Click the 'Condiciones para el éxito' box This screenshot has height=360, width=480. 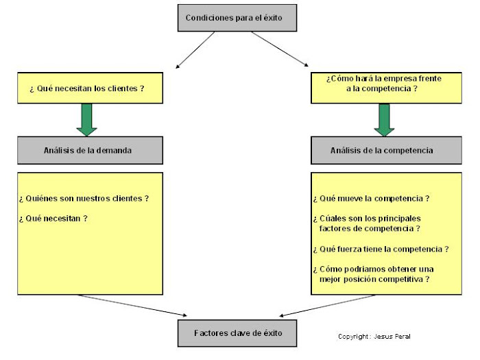[x=237, y=18]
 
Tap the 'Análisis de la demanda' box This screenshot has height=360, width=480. [x=90, y=150]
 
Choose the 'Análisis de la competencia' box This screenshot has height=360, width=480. [x=385, y=150]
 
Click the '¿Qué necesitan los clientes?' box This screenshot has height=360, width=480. [x=90, y=88]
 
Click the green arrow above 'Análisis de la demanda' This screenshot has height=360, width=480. [x=87, y=119]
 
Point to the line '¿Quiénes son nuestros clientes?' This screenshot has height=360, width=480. [x=84, y=198]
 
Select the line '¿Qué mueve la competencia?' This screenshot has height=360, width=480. [x=371, y=199]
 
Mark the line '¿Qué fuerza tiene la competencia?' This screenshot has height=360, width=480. [x=381, y=249]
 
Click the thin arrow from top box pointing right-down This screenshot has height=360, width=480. [x=279, y=49]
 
